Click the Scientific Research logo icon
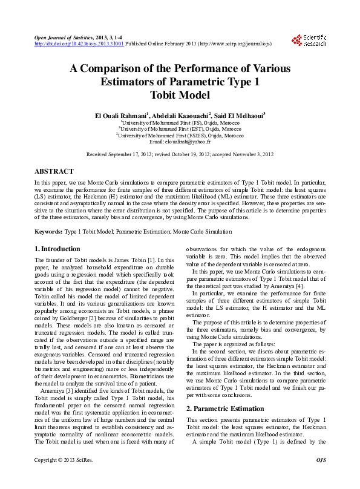(296, 40)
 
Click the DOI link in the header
(79, 44)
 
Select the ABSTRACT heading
(54, 171)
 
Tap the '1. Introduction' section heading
(57, 249)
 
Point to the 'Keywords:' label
(48, 232)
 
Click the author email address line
(180, 141)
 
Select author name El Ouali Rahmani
(120, 115)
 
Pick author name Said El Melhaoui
(239, 115)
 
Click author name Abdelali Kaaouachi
(180, 115)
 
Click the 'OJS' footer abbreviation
(321, 478)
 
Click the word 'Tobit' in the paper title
(165, 95)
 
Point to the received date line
(180, 155)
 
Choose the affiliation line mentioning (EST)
(180, 128)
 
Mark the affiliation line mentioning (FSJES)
(180, 134)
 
